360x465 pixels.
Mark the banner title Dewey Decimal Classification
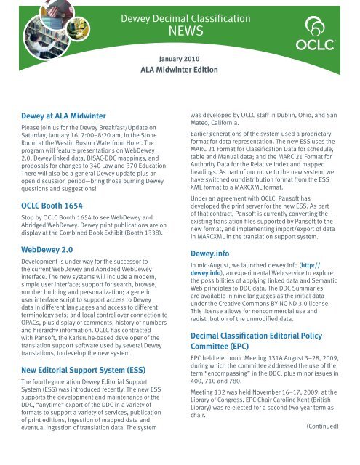180,16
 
